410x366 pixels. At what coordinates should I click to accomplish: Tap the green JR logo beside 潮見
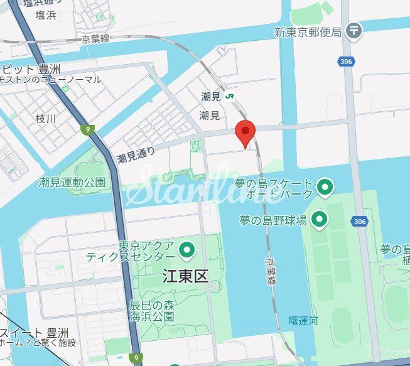click(230, 96)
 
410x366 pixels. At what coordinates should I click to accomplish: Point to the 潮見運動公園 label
click(72, 182)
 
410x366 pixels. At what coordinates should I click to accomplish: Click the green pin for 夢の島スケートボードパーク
click(325, 186)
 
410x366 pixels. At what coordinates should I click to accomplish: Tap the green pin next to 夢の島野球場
click(320, 219)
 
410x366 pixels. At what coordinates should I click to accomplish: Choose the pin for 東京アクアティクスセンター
click(186, 250)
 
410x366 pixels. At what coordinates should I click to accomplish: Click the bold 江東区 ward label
click(184, 276)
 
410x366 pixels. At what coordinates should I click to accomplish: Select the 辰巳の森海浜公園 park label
click(151, 310)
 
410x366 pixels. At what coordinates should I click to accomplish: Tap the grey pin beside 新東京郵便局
click(355, 30)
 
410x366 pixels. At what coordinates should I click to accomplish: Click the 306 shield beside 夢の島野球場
click(359, 222)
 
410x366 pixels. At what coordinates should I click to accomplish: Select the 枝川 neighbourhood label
click(45, 118)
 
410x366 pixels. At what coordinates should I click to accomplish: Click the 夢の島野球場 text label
click(273, 220)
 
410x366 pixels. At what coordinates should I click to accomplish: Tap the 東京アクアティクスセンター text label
click(147, 250)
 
